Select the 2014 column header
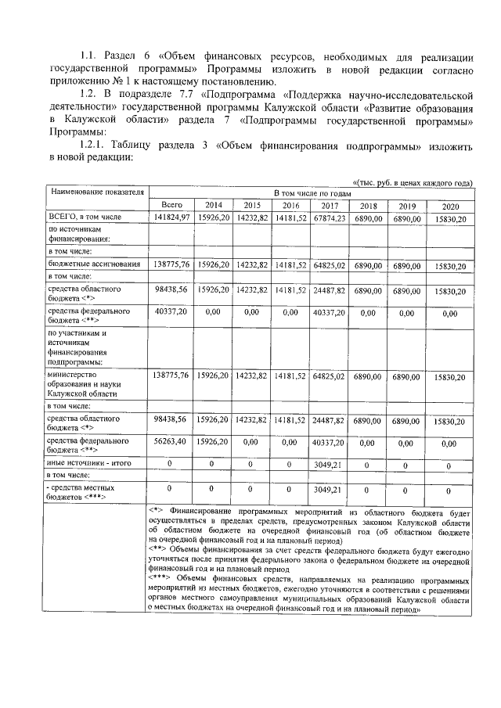pyautogui.click(x=211, y=205)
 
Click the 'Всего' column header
pyautogui.click(x=171, y=205)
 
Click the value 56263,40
pyautogui.click(x=171, y=442)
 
